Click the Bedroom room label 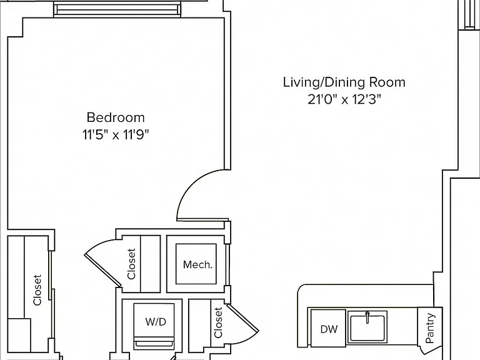click(116, 117)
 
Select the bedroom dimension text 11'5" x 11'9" click(116, 135)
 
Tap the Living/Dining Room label click(344, 82)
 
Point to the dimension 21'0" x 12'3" click(344, 99)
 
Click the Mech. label click(197, 264)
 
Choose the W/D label click(156, 322)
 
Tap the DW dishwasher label click(329, 329)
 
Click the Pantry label click(430, 328)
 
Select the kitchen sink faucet click(367, 317)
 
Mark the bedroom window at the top click(117, 10)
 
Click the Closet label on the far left click(37, 290)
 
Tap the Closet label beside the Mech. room click(131, 264)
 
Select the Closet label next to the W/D click(218, 322)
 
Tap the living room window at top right click(469, 15)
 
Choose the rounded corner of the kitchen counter click(302, 288)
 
